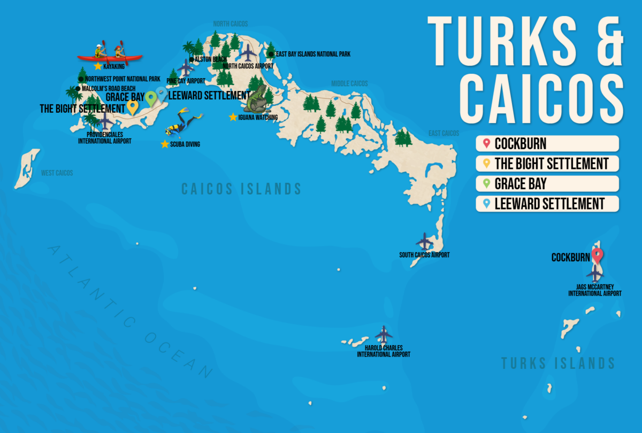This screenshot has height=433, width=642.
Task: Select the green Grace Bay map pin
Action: tap(151, 98)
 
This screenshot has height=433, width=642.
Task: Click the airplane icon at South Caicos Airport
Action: tap(424, 241)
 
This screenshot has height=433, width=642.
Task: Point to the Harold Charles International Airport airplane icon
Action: tap(384, 335)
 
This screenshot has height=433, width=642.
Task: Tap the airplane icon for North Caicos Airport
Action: tap(248, 52)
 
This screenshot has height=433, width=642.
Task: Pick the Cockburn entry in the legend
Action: tap(547, 143)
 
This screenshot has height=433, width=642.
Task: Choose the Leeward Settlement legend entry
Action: tap(547, 204)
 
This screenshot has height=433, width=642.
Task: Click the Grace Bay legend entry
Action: tap(547, 183)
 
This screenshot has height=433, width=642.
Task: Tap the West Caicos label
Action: tap(57, 173)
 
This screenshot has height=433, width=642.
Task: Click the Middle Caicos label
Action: tap(349, 83)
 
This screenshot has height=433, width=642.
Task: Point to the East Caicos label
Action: tap(444, 133)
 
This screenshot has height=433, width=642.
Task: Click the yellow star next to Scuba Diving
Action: tap(165, 144)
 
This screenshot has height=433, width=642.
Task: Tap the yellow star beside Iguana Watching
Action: tap(233, 117)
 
